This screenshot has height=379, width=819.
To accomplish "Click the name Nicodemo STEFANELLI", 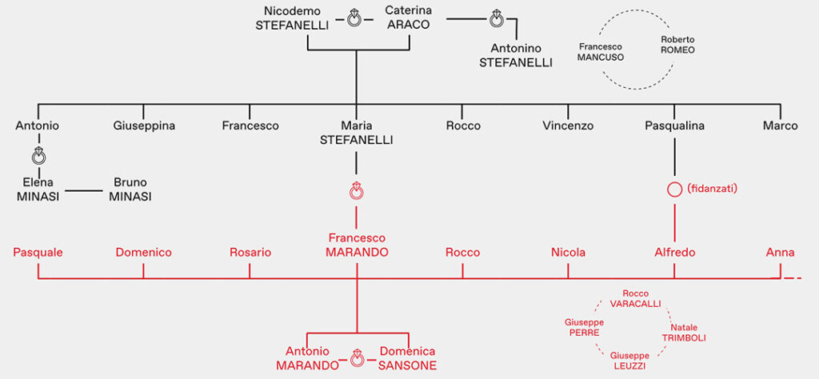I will coord(292,18).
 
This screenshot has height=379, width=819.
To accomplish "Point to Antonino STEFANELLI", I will coord(516,54).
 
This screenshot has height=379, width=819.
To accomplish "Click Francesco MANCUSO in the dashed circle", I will coord(601,51).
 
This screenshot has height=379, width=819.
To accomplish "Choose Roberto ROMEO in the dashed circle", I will coord(677,44).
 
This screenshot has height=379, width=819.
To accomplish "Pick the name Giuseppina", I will coord(144,126).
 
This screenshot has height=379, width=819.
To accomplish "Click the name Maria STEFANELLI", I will coord(357,133).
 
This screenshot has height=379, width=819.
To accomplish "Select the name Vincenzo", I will coord(568,126).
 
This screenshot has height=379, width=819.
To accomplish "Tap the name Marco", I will coord(780,126).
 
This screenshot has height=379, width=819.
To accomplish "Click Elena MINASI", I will coord(37,189).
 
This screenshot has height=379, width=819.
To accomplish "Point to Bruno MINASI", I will coord(130,189).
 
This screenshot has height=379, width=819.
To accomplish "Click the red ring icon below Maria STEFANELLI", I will coord(357,191).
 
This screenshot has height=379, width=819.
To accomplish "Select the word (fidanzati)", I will coord(712,189).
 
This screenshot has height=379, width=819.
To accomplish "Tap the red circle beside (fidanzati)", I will coord(674,190).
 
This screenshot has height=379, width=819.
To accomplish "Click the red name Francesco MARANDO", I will coord(357,245).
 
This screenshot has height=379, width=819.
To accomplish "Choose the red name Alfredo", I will coord(674,253).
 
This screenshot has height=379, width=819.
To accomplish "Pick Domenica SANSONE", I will coord(408,358).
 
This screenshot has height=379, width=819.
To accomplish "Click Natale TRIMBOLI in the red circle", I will coord(684,332).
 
